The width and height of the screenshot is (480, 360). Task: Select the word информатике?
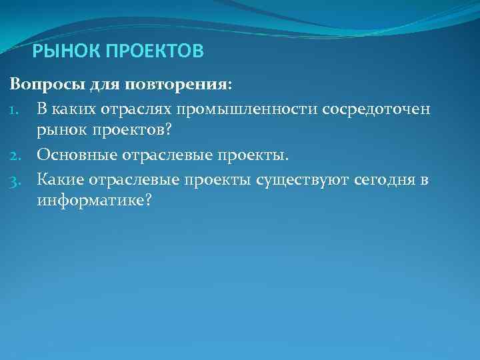[x=95, y=201]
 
